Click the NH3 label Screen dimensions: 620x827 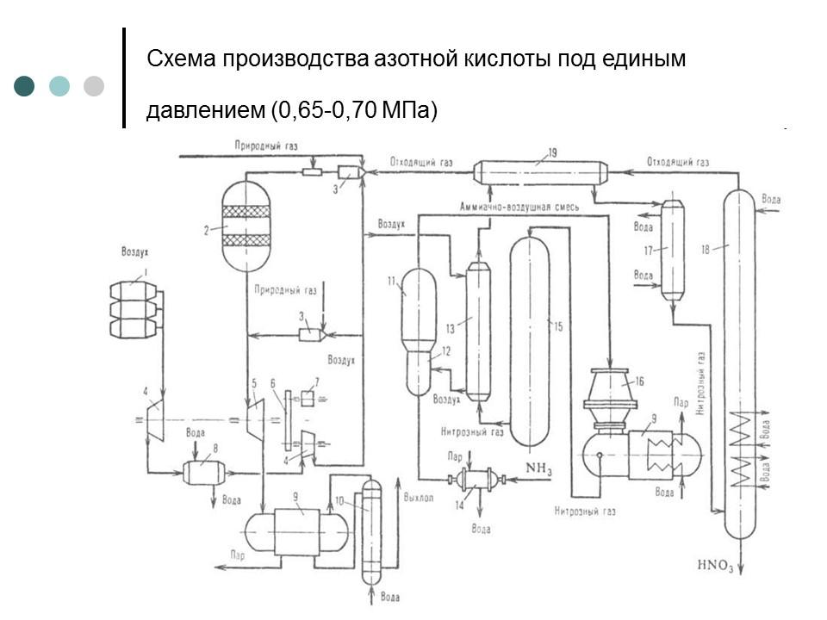coord(538,468)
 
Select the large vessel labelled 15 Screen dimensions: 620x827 coord(529,340)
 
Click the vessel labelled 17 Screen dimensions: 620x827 coord(672,250)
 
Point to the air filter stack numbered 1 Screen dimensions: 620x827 coord(134,309)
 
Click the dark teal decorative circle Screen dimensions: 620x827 coord(25,85)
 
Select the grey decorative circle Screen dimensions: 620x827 coord(94,85)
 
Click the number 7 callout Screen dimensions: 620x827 coord(316,381)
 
